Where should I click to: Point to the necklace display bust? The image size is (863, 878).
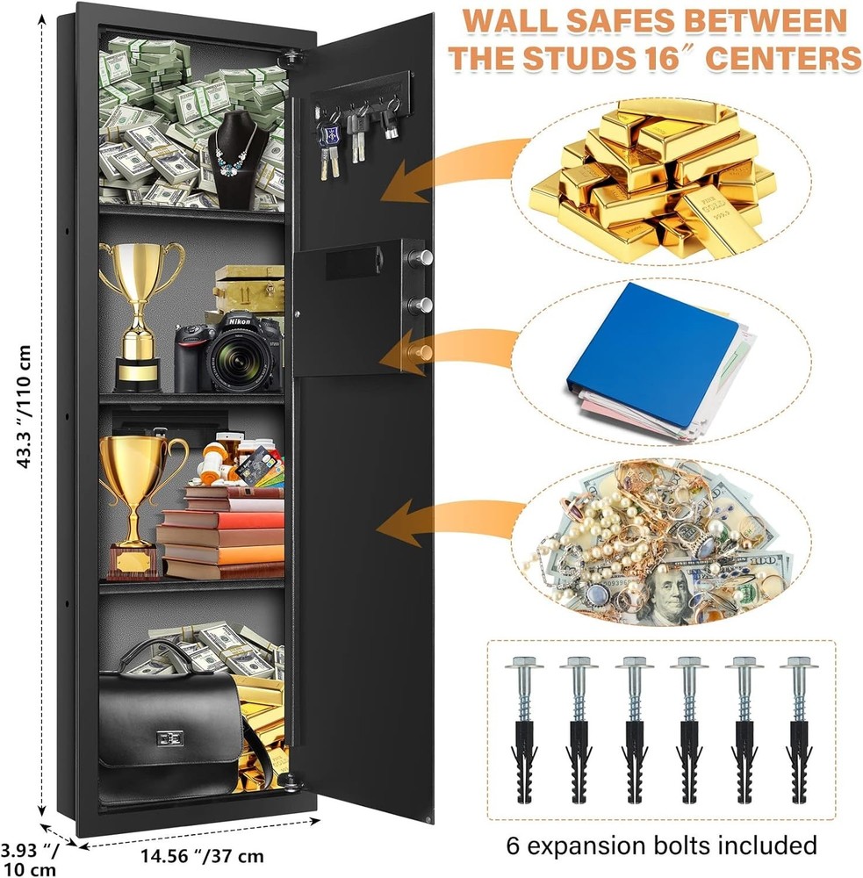237,162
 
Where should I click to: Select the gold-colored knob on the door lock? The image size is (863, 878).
424,352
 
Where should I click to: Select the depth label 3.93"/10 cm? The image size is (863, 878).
30,858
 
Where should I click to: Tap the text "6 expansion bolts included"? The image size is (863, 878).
661,846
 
